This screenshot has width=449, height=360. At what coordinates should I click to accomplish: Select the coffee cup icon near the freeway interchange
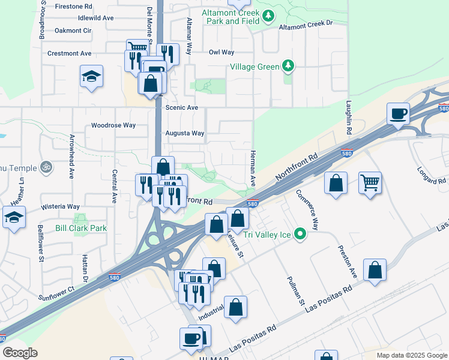pos(398,113)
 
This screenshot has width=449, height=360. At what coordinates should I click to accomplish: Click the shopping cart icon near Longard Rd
pos(370,182)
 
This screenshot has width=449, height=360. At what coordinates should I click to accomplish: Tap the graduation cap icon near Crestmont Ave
pos(91,76)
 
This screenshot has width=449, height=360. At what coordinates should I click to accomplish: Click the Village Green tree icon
pos(289,66)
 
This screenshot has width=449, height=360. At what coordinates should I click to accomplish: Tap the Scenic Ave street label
pos(182,107)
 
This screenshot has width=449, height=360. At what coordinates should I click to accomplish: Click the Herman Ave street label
pos(253,168)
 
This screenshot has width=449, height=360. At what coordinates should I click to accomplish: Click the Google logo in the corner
pos(20,352)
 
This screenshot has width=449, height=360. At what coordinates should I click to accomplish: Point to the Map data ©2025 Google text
pos(411,355)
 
